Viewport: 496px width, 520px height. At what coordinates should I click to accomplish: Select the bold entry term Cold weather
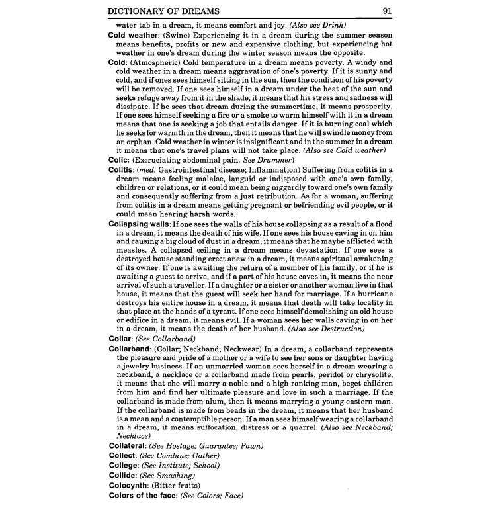136,34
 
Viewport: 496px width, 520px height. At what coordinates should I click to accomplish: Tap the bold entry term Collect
124,456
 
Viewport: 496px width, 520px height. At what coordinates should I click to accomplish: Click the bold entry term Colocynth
130,485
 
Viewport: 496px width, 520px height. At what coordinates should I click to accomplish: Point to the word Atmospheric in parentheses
160,62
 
